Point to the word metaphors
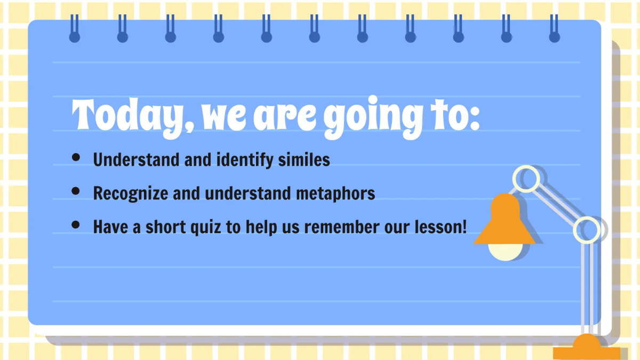coord(335,193)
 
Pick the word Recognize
coord(130,194)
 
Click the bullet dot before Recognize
coord(76,191)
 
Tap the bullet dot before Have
coord(76,225)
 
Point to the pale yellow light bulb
coord(505,251)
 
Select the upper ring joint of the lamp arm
coord(529,178)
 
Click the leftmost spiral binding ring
coord(75,29)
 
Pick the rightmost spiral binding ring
coord(555,29)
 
